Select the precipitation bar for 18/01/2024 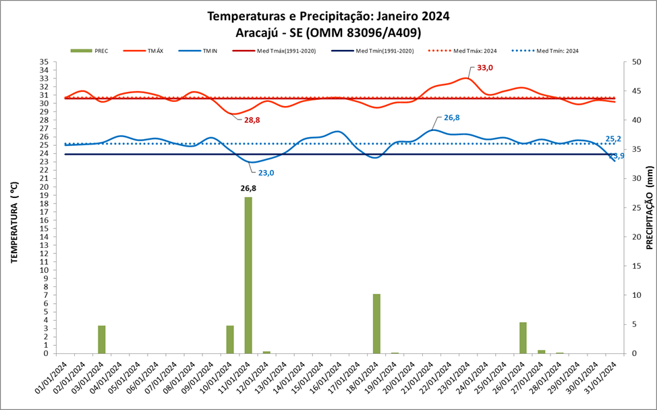pos(376,324)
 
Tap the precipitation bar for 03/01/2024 pos(101,339)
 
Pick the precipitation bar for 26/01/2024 pos(523,338)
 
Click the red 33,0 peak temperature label pos(485,68)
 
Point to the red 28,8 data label pos(252,120)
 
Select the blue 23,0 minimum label pos(266,173)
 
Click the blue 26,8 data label pos(451,118)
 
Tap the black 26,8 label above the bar pos(249,189)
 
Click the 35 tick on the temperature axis pos(43,61)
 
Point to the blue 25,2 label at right pos(613,139)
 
